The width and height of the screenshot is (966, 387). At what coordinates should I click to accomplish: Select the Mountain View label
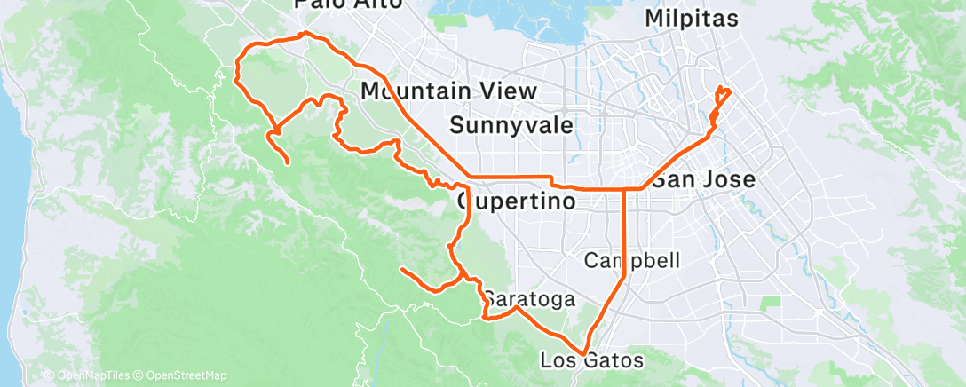(x=448, y=91)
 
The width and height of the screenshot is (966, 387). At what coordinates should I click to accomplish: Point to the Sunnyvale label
(x=511, y=124)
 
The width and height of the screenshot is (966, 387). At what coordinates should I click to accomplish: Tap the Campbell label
(x=632, y=260)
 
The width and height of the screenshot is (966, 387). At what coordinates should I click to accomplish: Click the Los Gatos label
(x=591, y=360)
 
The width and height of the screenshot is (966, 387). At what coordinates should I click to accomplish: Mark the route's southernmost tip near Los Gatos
(x=587, y=352)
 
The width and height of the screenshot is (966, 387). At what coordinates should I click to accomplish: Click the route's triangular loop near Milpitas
(x=723, y=96)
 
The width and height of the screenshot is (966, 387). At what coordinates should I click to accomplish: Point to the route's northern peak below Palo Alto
(x=305, y=33)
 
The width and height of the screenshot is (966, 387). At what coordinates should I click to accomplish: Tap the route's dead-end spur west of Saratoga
(x=402, y=268)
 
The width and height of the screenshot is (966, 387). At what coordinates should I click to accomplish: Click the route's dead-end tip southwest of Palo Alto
(x=289, y=162)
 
